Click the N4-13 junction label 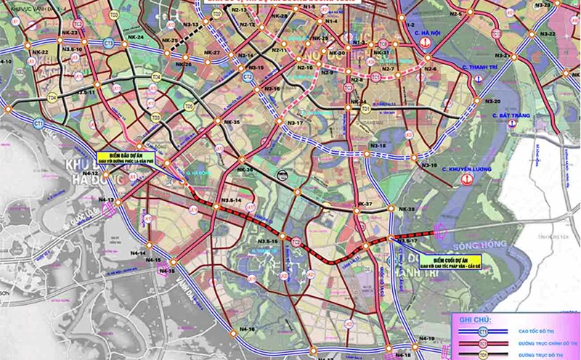[x=105, y=200]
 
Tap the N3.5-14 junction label [x=230, y=199]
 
